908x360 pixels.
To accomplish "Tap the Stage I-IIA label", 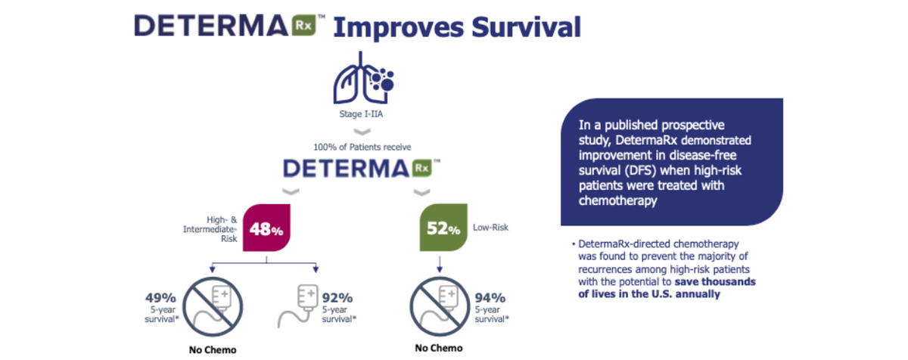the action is [361, 114].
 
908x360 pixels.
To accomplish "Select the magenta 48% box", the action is [266, 228].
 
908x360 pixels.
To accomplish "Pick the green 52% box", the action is [443, 228].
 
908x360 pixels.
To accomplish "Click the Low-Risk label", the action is [490, 227].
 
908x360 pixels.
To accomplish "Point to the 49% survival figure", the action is [160, 298].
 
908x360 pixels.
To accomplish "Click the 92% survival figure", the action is [337, 298].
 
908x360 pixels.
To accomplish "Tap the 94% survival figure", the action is [490, 298].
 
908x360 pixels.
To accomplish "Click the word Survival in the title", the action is [526, 27].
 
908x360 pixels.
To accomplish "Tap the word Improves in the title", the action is [399, 28].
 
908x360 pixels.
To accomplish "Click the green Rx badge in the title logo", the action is [304, 26].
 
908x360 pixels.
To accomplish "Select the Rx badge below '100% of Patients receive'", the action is [422, 168].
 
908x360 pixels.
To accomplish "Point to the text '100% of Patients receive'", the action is [362, 147].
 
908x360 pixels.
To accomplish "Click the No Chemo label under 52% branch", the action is [439, 348].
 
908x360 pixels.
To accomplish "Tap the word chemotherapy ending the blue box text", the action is [617, 200].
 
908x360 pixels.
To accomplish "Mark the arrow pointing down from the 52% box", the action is [440, 264].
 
